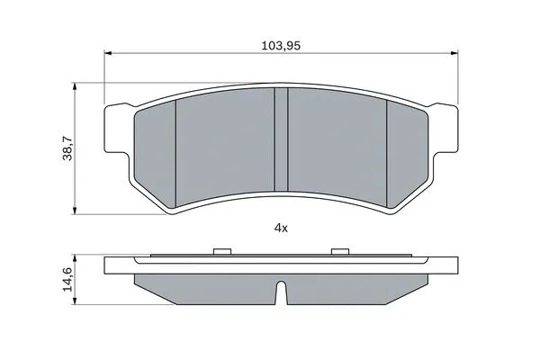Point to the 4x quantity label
pos(280,229)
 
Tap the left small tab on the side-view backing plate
pos(220,252)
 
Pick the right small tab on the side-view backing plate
pos(339,252)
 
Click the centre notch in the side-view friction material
pos(280,292)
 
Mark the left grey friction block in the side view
pos(207,286)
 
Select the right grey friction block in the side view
pos(355,286)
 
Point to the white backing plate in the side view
pos(280,265)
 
